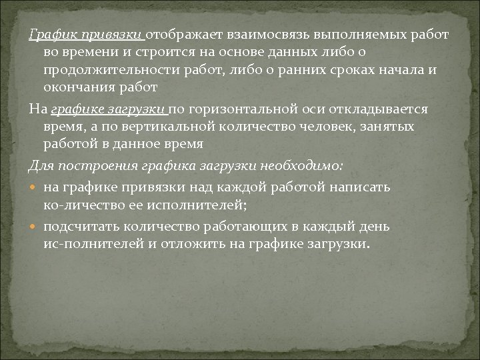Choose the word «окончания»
coord(73,88)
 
